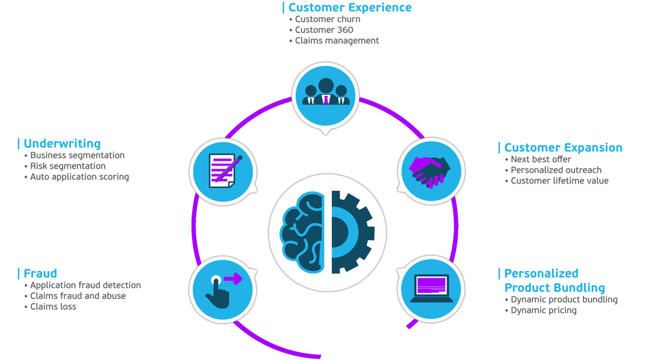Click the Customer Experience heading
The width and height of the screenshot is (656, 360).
(350, 8)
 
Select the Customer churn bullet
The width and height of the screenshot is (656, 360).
(327, 19)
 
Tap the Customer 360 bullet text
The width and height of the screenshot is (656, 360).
(324, 30)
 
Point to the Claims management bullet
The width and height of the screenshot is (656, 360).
(337, 41)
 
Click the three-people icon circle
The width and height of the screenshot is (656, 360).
(325, 94)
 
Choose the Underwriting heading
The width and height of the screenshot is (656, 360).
(62, 144)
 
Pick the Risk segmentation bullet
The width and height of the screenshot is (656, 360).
(68, 166)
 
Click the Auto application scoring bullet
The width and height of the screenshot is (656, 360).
(79, 177)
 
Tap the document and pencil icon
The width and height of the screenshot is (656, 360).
(221, 169)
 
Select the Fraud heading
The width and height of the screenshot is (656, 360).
(40, 274)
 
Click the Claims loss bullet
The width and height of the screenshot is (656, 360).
(53, 307)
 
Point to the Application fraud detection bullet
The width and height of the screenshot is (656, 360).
(85, 285)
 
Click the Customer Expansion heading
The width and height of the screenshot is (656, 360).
(563, 148)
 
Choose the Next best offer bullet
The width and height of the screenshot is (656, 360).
(541, 159)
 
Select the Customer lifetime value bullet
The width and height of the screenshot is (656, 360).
(559, 181)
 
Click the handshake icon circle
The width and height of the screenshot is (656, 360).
(430, 169)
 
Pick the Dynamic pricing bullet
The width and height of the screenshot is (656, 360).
(543, 310)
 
